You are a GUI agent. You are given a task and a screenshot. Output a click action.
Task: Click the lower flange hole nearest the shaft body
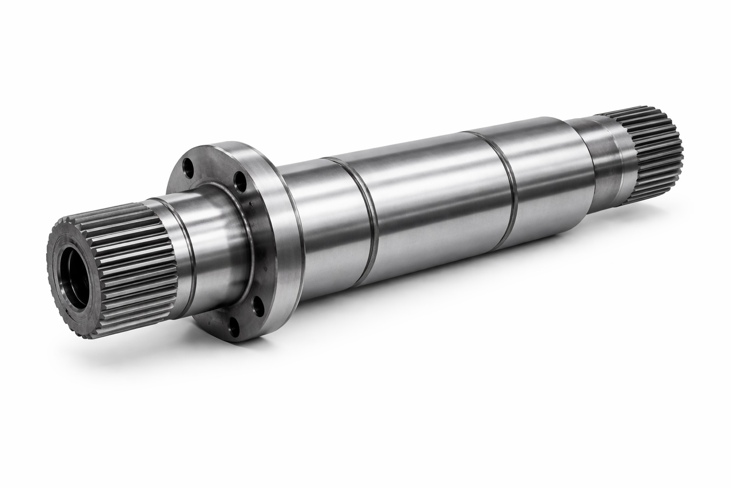tap(257, 304)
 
